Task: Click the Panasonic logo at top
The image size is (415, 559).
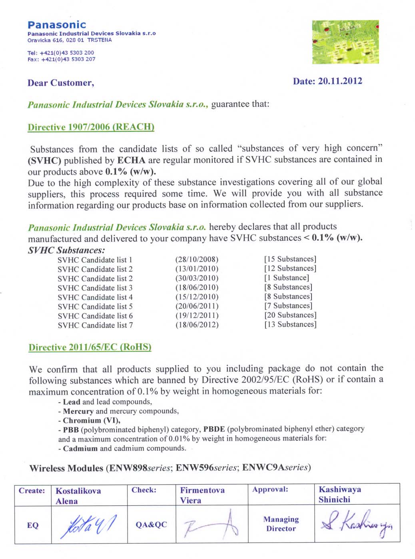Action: [57, 25]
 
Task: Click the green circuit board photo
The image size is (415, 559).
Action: [345, 42]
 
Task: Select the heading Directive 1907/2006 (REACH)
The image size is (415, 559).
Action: [91, 127]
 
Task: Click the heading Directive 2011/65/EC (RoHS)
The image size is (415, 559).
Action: [90, 347]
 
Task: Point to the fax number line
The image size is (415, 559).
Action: [61, 59]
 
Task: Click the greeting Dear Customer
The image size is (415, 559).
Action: [61, 83]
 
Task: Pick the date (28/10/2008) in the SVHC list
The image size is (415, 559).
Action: [197, 259]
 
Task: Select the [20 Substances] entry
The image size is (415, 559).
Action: [290, 315]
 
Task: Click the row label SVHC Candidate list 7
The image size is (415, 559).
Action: [95, 325]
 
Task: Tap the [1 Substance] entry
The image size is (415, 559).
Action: [287, 278]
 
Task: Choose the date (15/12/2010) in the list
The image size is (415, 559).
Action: [197, 297]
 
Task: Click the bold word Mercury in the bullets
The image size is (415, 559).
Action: [78, 411]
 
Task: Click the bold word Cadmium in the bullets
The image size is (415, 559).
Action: [80, 448]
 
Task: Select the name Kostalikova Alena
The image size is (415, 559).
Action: [78, 495]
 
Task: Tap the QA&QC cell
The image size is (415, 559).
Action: [151, 525]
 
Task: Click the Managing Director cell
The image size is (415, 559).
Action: [281, 524]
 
